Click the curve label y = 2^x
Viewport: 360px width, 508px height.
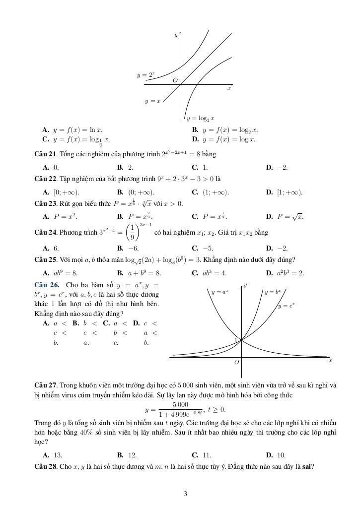(145, 75)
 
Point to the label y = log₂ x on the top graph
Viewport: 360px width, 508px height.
(200, 119)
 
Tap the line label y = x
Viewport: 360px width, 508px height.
(153, 101)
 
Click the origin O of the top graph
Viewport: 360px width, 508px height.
(175, 80)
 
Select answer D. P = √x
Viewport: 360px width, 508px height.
(285, 216)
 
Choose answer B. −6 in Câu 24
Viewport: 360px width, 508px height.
(128, 248)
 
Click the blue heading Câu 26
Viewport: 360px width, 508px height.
(47, 285)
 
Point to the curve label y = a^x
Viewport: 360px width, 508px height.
(220, 293)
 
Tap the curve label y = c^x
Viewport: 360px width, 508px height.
(287, 306)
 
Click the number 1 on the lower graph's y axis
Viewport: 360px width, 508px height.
(236, 340)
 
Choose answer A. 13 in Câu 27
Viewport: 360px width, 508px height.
(53, 454)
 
